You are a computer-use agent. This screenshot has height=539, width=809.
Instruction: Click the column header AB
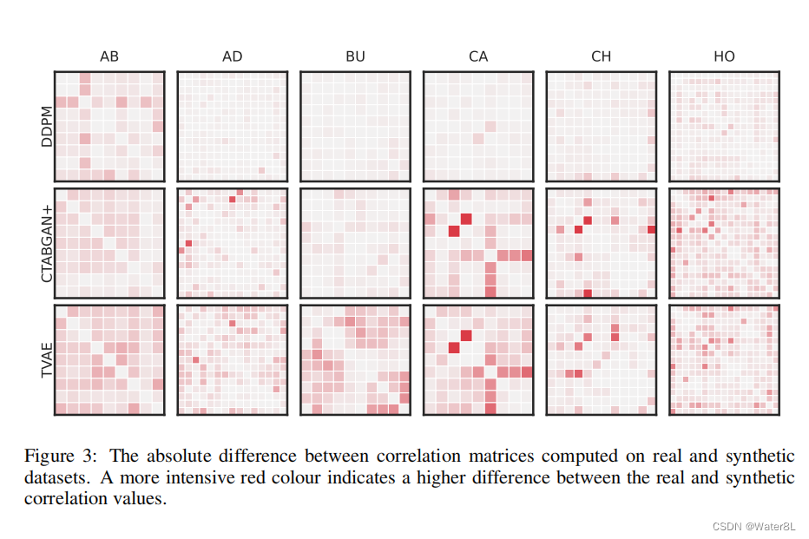pyautogui.click(x=109, y=56)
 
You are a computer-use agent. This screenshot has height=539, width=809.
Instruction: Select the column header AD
pyautogui.click(x=232, y=56)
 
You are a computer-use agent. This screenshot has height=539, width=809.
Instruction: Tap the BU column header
pyautogui.click(x=355, y=56)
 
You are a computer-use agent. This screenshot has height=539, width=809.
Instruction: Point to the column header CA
pyautogui.click(x=478, y=56)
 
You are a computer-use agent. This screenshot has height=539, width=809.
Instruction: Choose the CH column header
pyautogui.click(x=602, y=56)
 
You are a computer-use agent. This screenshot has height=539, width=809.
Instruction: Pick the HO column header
pyautogui.click(x=724, y=56)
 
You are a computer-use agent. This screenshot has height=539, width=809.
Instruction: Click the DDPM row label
pyautogui.click(x=49, y=127)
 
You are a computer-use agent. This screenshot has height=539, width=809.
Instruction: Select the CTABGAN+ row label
pyautogui.click(x=49, y=242)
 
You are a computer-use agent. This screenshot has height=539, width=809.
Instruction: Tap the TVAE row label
pyautogui.click(x=49, y=359)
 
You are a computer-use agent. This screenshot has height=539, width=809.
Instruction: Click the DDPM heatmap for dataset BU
pyautogui.click(x=355, y=126)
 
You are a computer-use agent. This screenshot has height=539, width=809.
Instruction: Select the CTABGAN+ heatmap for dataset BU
pyautogui.click(x=355, y=243)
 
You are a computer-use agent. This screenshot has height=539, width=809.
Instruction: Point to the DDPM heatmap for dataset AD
pyautogui.click(x=232, y=126)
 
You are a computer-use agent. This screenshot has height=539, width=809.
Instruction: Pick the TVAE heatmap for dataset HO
pyautogui.click(x=724, y=359)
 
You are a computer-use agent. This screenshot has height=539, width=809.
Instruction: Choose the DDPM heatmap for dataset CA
pyautogui.click(x=478, y=126)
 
